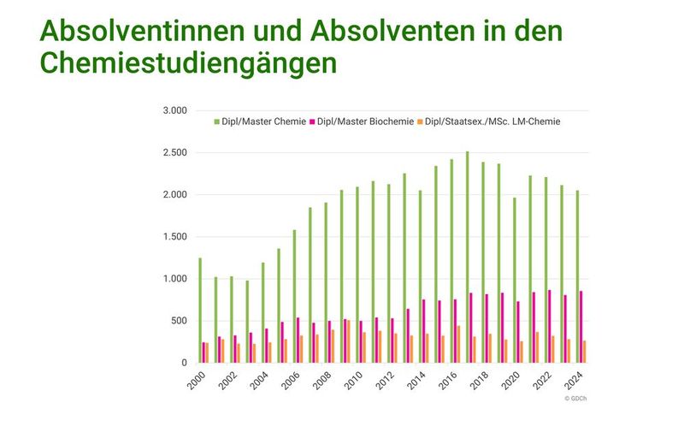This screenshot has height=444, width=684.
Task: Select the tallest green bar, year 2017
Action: click(467, 257)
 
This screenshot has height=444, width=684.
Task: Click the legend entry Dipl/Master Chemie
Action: click(260, 121)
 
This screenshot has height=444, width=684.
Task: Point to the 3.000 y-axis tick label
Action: click(174, 111)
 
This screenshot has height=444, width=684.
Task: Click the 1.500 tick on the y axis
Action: click(174, 237)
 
